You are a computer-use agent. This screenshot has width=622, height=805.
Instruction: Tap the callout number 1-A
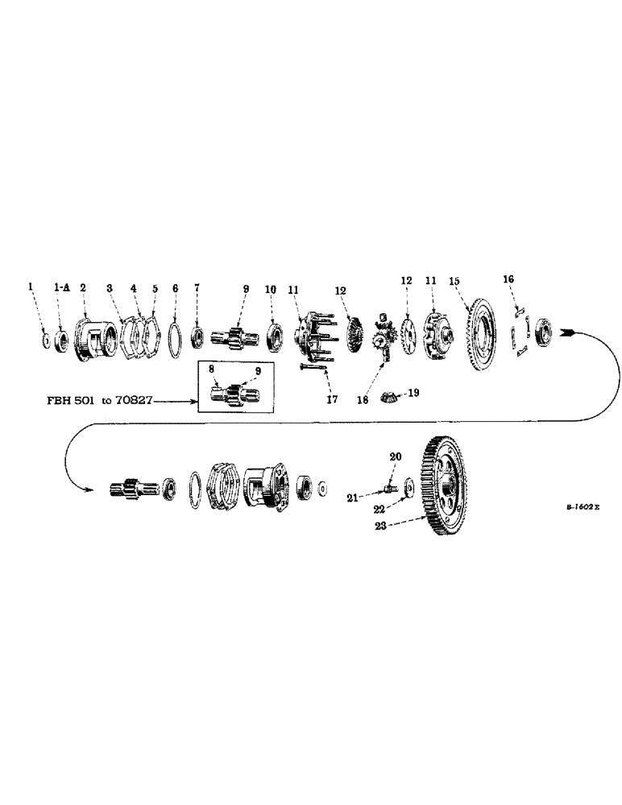[x=61, y=287]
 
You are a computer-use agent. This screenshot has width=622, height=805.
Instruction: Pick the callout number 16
[x=508, y=279]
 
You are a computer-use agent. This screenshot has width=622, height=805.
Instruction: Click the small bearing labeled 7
[x=197, y=333]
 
